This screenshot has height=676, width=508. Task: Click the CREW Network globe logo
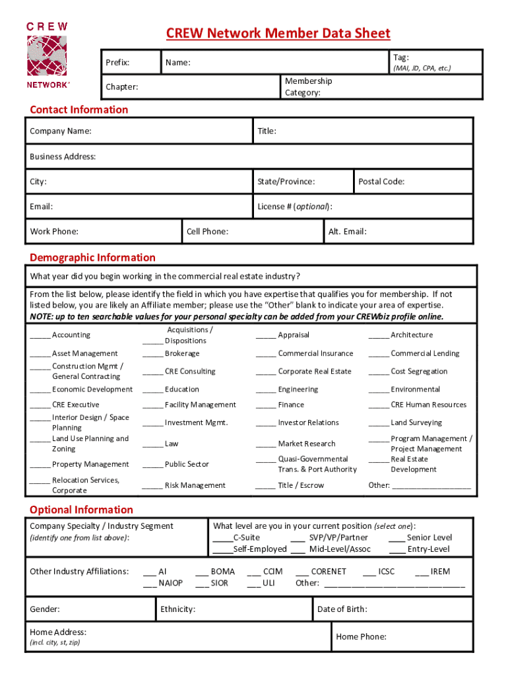[47, 56]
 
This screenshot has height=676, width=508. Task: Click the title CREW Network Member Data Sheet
[278, 34]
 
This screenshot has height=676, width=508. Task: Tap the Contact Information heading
[79, 110]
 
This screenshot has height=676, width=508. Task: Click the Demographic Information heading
[92, 257]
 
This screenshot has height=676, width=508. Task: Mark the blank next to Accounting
[40, 335]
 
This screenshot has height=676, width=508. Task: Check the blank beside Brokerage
[152, 354]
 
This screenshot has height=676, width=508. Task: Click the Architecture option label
[411, 335]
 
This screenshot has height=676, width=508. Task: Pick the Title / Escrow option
[301, 485]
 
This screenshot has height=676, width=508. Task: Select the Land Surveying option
[416, 422]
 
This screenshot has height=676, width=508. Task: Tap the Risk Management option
[195, 485]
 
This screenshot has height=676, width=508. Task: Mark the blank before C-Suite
[222, 538]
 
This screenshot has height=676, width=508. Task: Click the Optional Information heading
[81, 510]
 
